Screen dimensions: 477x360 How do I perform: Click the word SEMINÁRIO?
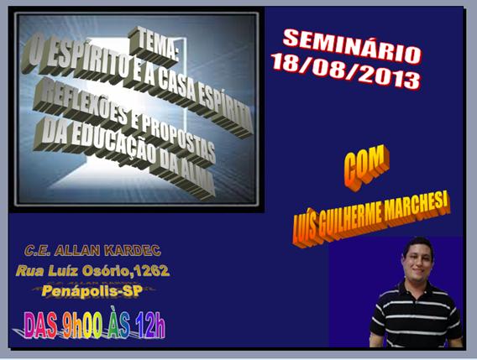352,45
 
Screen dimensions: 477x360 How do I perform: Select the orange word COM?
367,168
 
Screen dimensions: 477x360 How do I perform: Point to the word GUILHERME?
350,222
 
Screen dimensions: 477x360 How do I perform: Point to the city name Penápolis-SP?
92,290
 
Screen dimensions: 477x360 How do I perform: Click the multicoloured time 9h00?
82,325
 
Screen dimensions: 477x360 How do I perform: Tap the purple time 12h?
150,325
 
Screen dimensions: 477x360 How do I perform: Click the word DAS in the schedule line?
40,325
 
